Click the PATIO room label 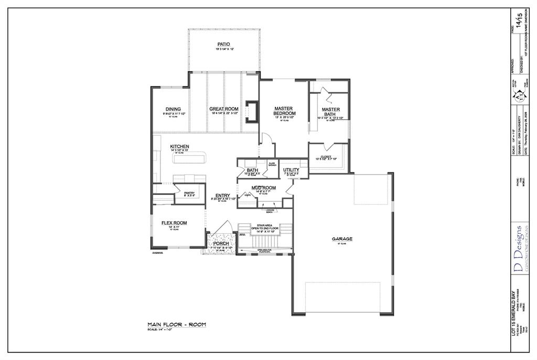click(224, 44)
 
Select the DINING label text click(173, 109)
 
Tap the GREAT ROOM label click(224, 109)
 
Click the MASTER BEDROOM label click(285, 111)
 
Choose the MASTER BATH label click(331, 112)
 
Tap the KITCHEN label click(179, 146)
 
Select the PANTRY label click(189, 193)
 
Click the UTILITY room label click(291, 170)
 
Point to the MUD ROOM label click(264, 187)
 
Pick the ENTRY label click(222, 195)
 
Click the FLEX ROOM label click(174, 223)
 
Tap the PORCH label click(221, 244)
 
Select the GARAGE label click(342, 239)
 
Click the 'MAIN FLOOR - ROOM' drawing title click(177, 324)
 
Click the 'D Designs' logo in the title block click(517, 249)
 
